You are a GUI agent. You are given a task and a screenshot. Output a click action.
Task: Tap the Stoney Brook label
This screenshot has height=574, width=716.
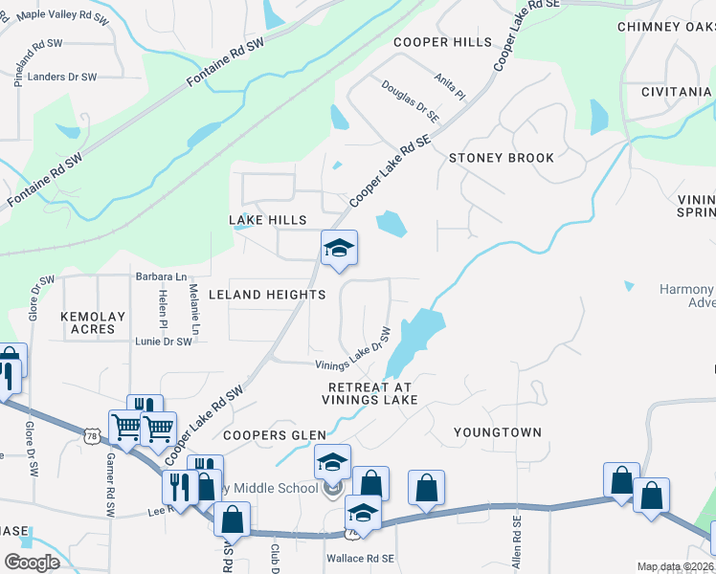click(x=502, y=158)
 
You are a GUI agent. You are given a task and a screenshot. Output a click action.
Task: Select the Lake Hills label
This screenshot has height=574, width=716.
click(x=268, y=220)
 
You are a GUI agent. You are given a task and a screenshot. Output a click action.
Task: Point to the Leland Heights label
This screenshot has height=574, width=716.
click(x=267, y=295)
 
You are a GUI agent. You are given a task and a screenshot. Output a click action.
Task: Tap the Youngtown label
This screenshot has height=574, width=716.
click(x=498, y=432)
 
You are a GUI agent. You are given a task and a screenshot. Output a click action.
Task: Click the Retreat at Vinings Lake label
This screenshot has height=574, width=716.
click(x=369, y=393)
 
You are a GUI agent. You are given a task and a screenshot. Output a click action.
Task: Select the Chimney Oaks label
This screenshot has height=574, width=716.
click(x=666, y=27)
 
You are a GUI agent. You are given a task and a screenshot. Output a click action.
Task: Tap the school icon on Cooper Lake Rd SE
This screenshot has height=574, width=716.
click(x=339, y=249)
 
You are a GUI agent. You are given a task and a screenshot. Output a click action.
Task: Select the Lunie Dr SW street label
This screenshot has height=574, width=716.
click(x=163, y=342)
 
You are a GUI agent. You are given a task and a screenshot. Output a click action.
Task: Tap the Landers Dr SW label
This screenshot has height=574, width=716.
click(x=63, y=77)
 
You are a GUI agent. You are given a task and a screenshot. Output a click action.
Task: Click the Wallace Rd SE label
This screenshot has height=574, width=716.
click(x=361, y=558)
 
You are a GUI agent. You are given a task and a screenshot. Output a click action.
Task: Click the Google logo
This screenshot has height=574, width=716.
click(x=32, y=563)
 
